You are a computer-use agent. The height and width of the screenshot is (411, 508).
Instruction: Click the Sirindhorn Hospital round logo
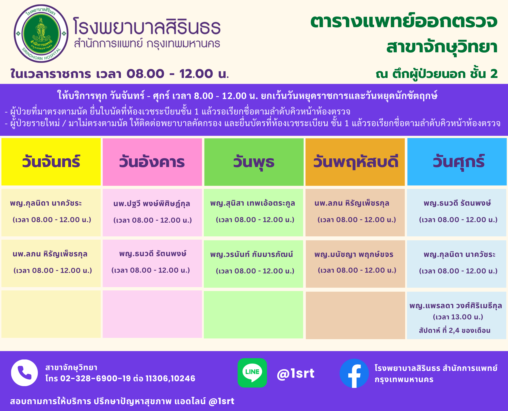pos(41,34)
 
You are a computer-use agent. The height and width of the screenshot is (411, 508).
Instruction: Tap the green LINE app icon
pos(252,373)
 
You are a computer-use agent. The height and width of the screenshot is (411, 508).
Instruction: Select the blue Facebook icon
pos(354,373)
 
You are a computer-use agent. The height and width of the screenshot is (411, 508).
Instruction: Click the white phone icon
pos(24,373)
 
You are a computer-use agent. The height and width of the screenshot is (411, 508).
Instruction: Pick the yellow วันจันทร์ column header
pos(51,162)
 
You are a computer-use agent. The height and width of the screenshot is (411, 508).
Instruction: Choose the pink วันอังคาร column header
pos(152,162)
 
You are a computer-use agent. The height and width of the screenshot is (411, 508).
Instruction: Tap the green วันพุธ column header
pos(254,162)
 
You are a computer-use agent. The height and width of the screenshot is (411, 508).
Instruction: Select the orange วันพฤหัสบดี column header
pos(355,162)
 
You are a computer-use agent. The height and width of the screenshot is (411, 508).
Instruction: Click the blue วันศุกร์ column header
pos(457,162)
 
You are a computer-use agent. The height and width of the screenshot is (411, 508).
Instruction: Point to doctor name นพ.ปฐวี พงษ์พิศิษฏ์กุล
pos(152,204)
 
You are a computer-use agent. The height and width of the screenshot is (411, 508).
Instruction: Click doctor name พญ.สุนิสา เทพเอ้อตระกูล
pos(252,203)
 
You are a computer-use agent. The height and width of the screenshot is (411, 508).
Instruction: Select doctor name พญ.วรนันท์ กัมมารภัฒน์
pos(251,254)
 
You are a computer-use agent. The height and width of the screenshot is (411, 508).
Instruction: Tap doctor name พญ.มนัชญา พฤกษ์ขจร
pos(354,254)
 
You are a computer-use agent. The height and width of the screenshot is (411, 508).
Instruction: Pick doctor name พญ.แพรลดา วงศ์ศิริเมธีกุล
pos(456,306)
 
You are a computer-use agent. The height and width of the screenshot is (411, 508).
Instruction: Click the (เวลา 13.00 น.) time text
pos(458,317)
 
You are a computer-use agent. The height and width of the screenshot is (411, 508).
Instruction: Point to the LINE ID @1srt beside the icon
pos(296,373)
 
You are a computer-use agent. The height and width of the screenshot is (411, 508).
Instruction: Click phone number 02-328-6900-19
pos(96,379)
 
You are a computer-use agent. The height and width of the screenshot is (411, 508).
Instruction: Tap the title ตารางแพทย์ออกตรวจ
pos(404,21)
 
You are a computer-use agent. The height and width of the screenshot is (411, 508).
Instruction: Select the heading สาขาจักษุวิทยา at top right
pos(442,47)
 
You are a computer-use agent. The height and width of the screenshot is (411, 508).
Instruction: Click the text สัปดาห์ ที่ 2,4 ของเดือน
pos(455,331)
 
